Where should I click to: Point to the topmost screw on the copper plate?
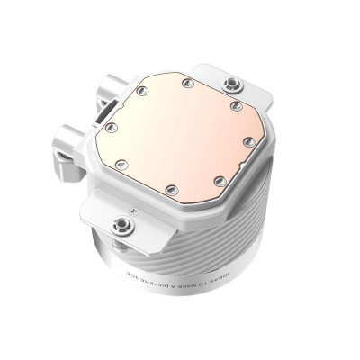(x=185, y=84)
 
